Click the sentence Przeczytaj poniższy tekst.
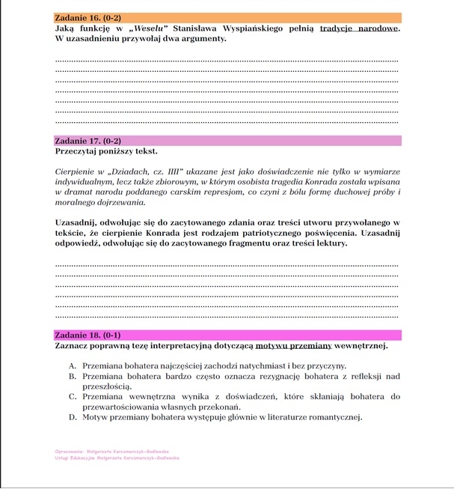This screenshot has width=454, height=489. point(106,151)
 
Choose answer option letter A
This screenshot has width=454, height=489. point(73,365)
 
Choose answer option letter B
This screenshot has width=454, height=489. point(73,376)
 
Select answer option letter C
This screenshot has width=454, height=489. point(73,397)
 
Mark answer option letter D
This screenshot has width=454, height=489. point(73,417)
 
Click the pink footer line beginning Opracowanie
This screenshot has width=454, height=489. point(112,452)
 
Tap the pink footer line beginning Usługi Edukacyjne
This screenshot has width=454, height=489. point(117,458)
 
